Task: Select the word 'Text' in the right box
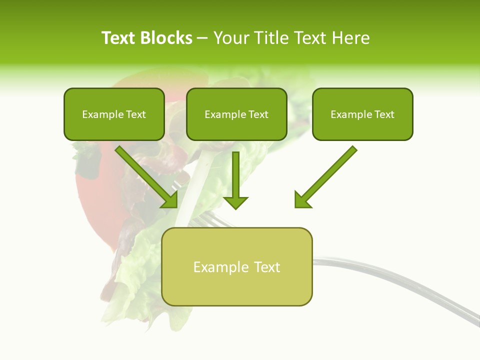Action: pos(384,114)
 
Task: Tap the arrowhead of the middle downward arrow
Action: pos(235,202)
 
